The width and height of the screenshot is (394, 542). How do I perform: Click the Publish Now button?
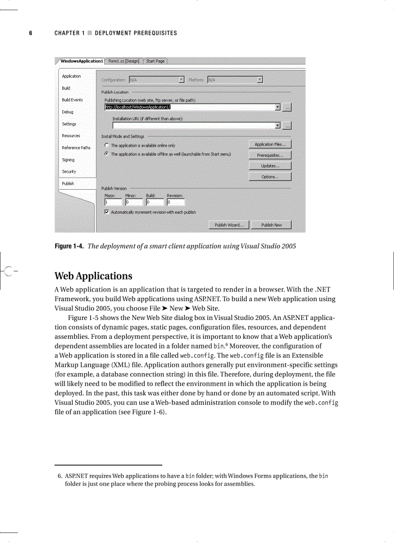click(x=271, y=225)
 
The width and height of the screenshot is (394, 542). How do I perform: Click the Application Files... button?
click(x=270, y=144)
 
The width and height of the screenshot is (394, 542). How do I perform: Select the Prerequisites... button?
click(x=270, y=155)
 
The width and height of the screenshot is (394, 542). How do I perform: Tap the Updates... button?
click(x=270, y=166)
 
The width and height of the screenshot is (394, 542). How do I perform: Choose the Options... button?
click(x=270, y=177)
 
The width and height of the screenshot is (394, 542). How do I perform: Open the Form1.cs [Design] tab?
click(x=124, y=61)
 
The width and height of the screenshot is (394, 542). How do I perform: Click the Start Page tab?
click(x=155, y=61)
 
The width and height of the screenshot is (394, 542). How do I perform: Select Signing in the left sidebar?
click(x=68, y=160)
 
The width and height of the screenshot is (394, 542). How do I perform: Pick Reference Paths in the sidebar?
click(x=76, y=148)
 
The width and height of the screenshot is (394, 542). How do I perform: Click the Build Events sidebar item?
click(x=72, y=100)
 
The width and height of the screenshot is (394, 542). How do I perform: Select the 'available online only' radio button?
click(x=106, y=145)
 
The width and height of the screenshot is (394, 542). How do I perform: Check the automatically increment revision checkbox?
click(x=107, y=212)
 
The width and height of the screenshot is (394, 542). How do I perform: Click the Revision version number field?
click(x=175, y=202)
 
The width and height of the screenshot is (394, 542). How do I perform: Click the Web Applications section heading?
click(x=93, y=276)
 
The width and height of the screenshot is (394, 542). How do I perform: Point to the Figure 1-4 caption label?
click(x=70, y=246)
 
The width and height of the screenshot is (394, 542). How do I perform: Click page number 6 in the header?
click(x=30, y=33)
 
